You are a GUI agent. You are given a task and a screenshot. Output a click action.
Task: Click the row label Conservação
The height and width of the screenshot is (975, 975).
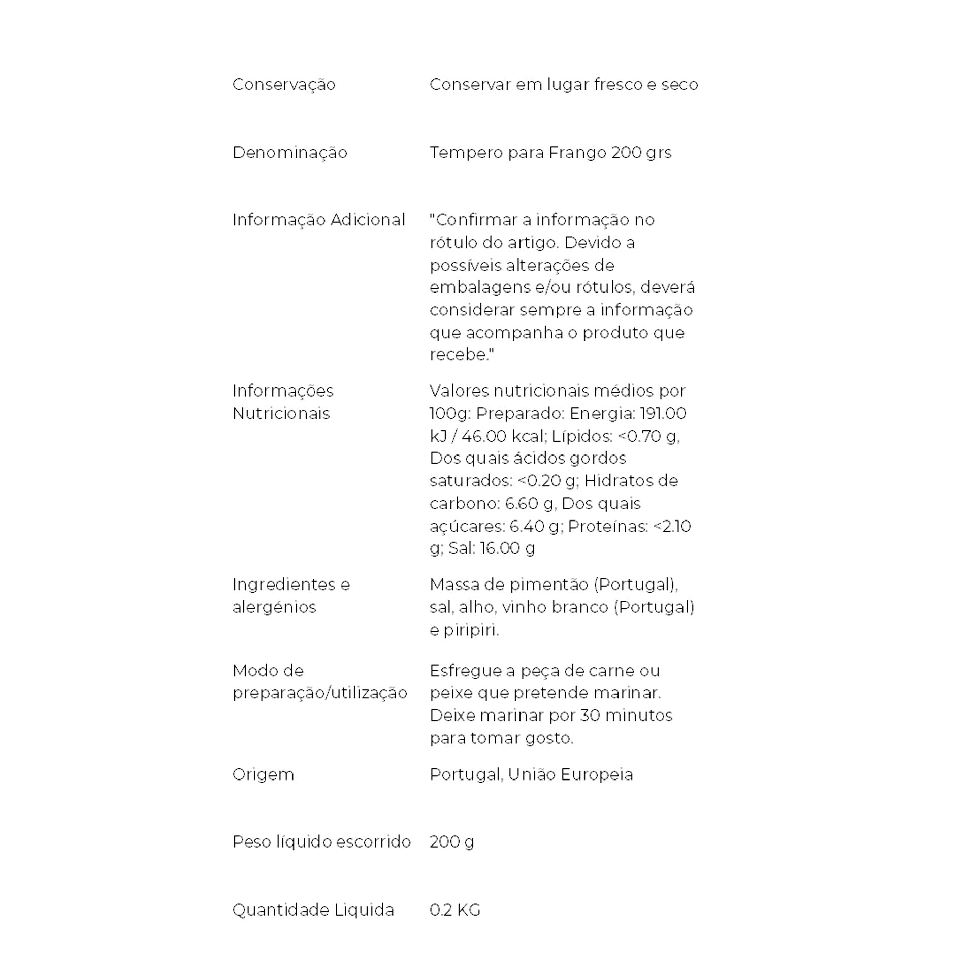283,84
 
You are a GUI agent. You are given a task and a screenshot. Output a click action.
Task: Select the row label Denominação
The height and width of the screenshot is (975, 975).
289,152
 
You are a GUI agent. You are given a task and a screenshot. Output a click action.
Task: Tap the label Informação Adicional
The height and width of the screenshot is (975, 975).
318,220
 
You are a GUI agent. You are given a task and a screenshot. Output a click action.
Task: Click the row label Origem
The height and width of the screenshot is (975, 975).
263,774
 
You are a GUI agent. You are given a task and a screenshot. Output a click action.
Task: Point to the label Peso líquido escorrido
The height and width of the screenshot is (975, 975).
321,841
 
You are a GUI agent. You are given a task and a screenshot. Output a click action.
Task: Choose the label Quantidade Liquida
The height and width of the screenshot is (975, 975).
313,909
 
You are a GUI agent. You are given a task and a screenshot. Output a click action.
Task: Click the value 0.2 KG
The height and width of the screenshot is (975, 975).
454,909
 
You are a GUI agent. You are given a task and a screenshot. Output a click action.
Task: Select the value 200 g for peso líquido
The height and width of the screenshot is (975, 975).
451,841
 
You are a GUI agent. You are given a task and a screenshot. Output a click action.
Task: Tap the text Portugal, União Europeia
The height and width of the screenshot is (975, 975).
531,774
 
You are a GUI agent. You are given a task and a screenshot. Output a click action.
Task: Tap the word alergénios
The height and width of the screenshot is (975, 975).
274,607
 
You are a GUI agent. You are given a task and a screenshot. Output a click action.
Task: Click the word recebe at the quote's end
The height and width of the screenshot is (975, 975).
458,354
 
